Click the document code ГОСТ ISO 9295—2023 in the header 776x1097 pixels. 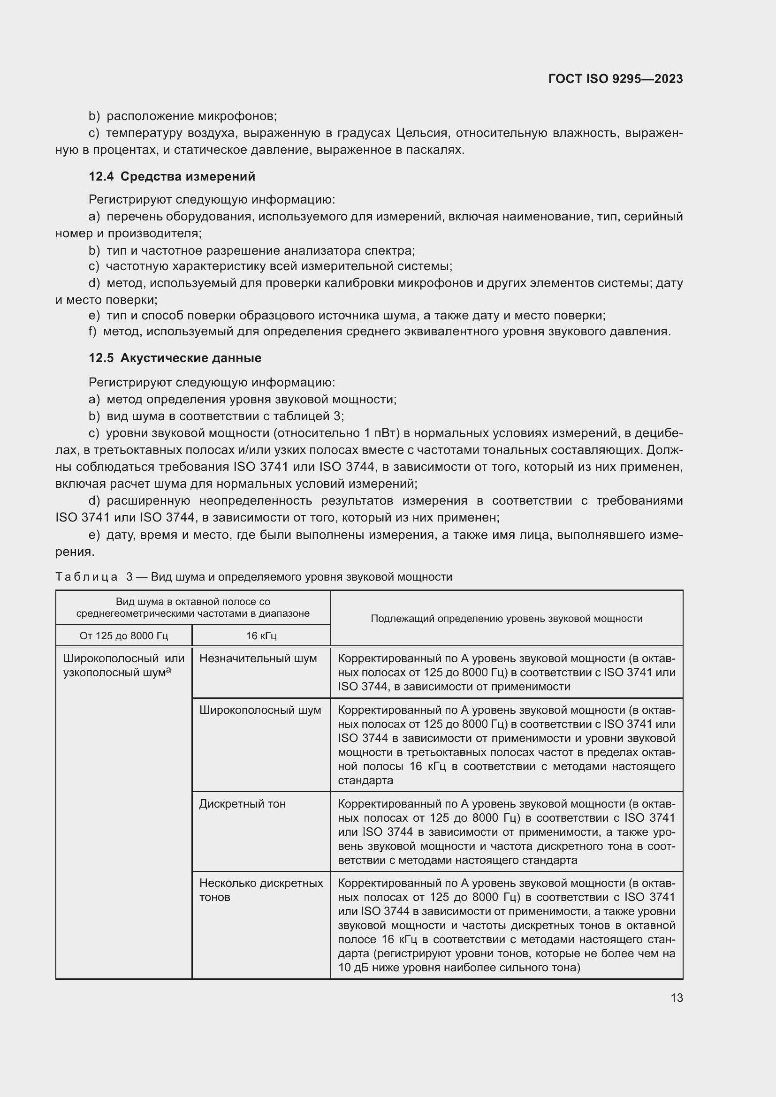coord(616,79)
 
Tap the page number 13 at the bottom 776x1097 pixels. coord(677,998)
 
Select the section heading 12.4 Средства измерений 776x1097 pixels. coord(172,176)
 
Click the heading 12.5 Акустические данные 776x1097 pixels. coord(175,358)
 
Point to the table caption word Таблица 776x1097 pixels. coord(86,577)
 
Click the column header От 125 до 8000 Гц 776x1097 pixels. coord(124,636)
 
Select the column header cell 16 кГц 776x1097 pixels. coord(261,636)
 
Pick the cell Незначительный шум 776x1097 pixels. coord(258,658)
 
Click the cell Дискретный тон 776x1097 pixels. coord(242,804)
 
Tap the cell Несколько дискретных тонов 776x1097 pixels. coord(261,890)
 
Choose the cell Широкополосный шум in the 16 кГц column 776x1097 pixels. coord(260,710)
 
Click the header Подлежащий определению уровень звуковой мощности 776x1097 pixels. coord(507,619)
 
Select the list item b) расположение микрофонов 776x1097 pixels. coord(183,116)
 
